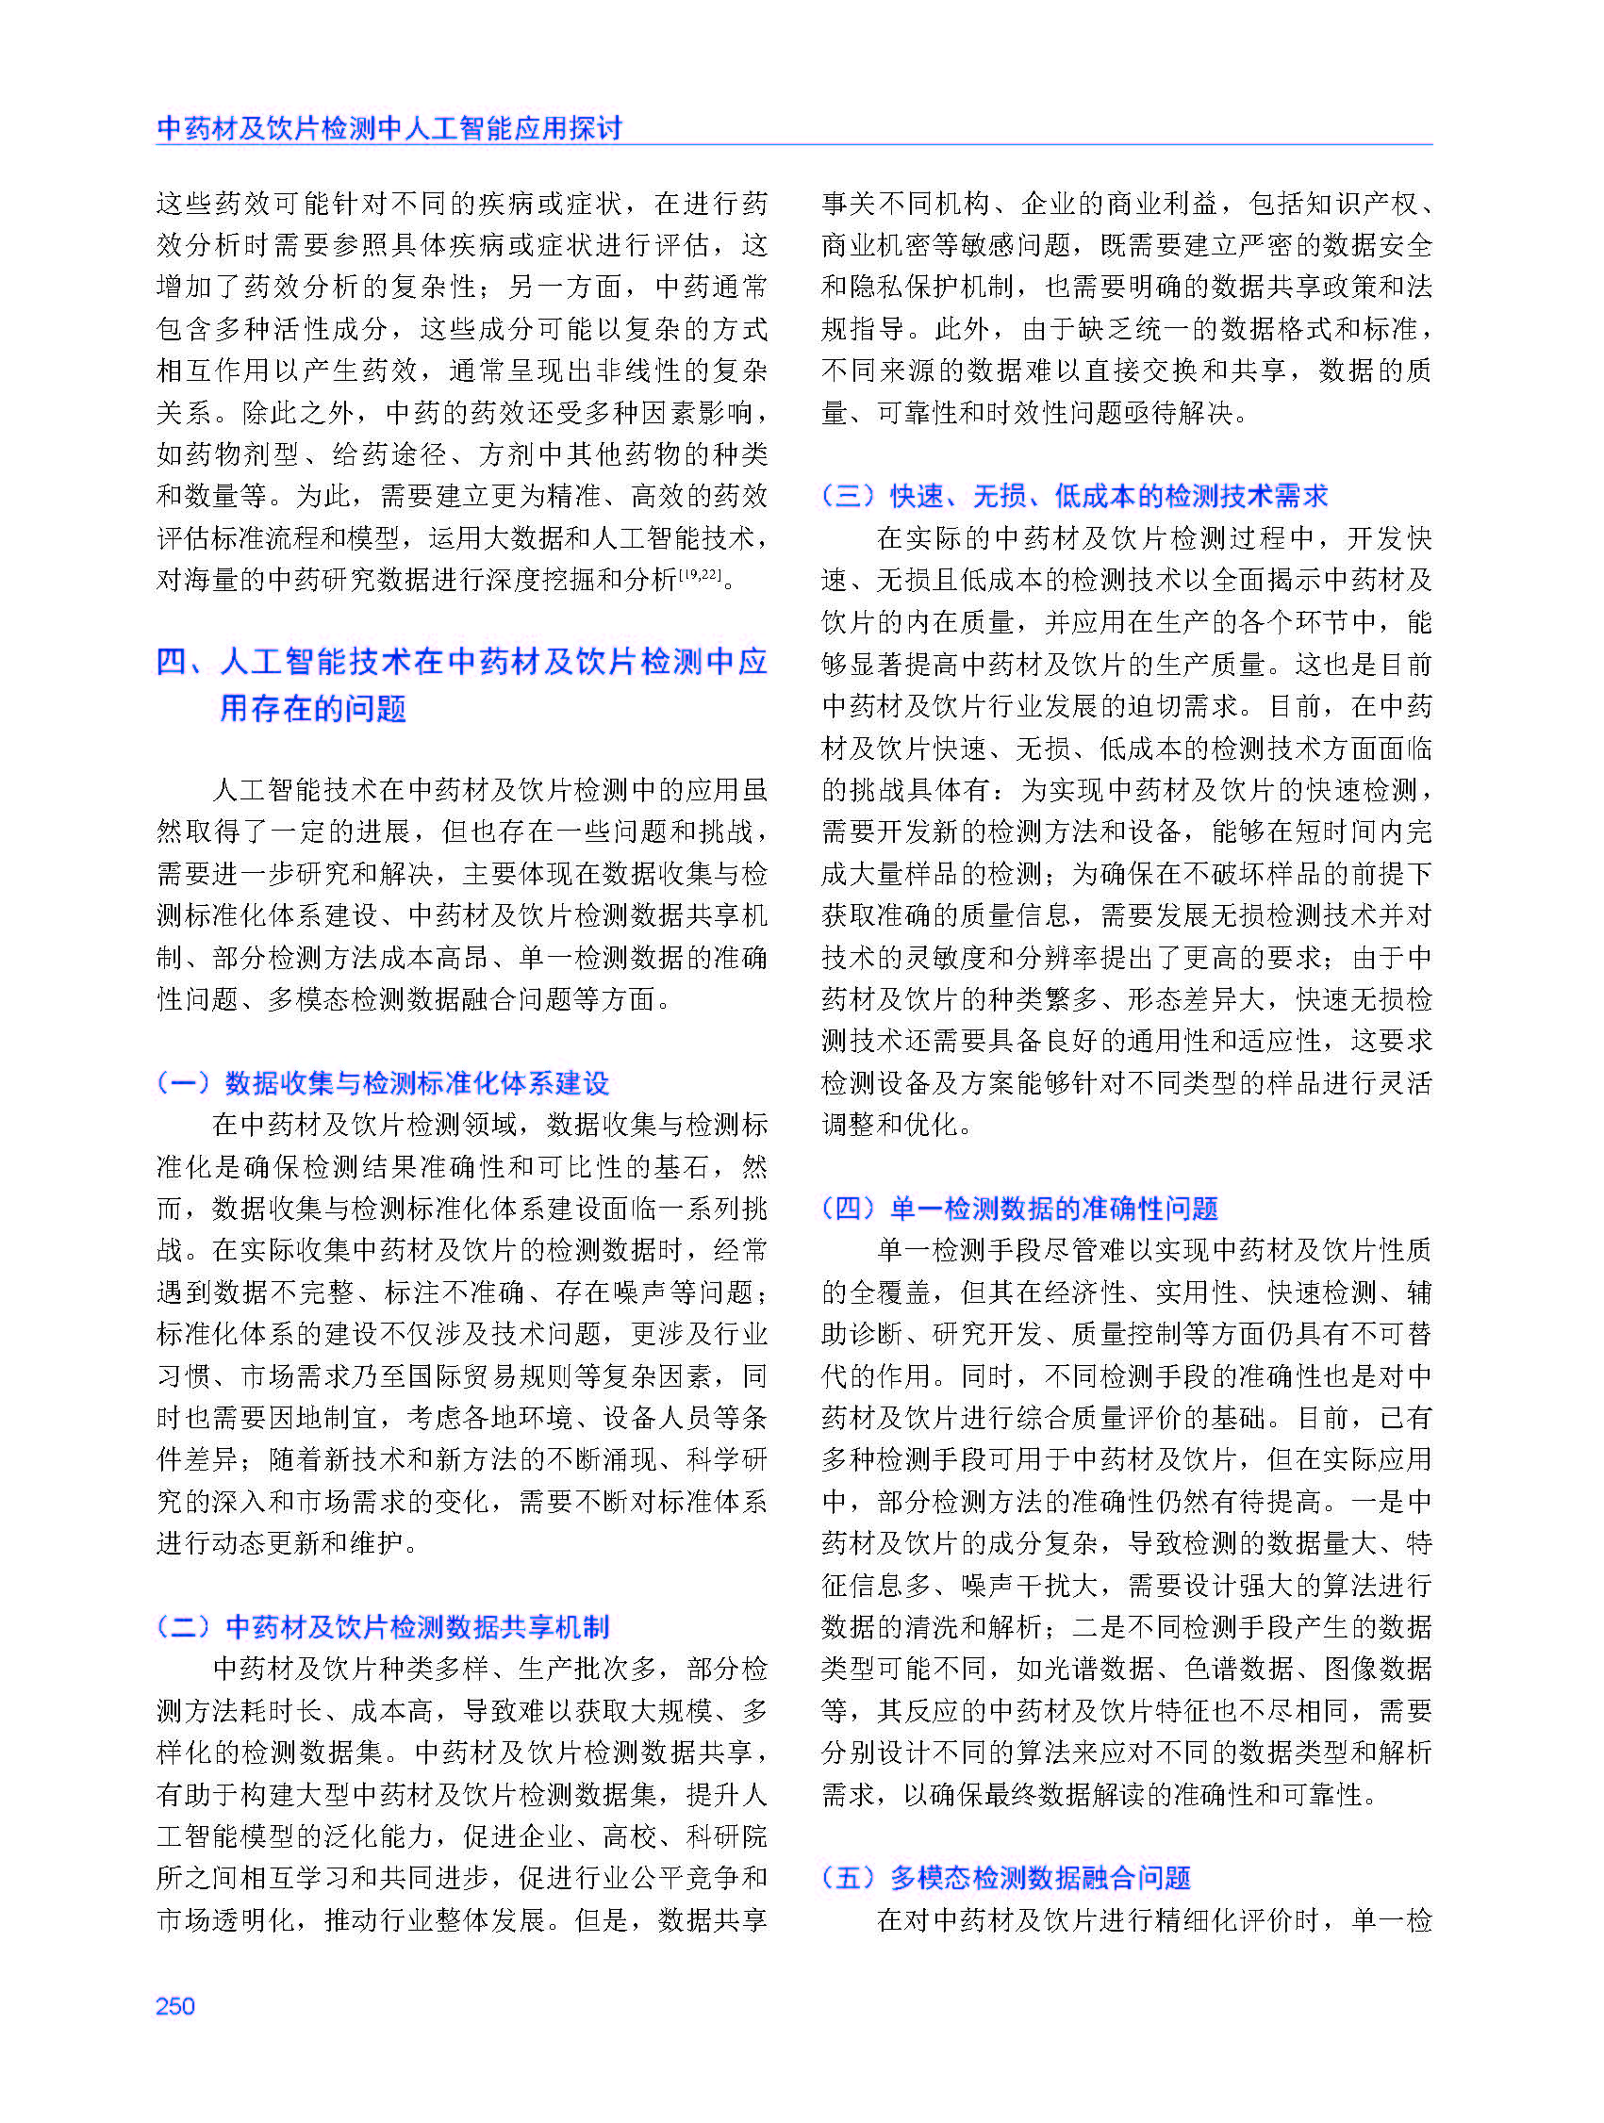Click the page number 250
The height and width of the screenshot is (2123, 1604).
[174, 2006]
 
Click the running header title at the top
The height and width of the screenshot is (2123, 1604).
[389, 127]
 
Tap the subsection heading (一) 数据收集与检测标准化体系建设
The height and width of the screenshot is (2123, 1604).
[383, 1082]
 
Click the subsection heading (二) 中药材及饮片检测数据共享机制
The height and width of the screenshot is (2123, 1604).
[383, 1626]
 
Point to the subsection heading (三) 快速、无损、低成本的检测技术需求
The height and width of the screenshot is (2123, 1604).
[1075, 495]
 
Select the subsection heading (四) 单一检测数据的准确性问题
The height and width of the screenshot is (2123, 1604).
[1020, 1208]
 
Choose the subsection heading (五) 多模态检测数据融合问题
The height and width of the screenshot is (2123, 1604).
[1007, 1877]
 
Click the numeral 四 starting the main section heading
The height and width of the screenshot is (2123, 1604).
[172, 662]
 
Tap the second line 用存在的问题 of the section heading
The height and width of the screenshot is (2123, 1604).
[313, 708]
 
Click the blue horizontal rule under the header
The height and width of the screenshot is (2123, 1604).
[794, 146]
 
